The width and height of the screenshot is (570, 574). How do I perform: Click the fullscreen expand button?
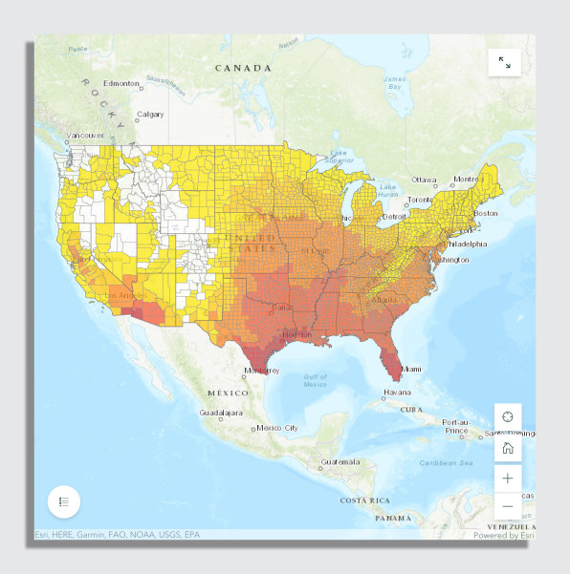[x=504, y=63]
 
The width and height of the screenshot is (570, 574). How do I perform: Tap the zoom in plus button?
[x=508, y=478]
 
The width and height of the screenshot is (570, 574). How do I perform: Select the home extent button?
[x=508, y=447]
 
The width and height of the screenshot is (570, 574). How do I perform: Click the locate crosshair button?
[x=508, y=416]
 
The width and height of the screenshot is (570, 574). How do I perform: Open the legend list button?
[x=64, y=500]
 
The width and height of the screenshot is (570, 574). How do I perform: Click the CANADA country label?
[x=243, y=69]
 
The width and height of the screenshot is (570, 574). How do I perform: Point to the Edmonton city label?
[x=121, y=84]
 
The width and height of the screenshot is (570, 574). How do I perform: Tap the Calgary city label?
[x=150, y=115]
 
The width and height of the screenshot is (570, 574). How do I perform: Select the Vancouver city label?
[x=85, y=136]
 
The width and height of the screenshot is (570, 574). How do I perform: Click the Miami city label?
[x=410, y=369]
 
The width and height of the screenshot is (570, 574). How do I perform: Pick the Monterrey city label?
[x=261, y=371]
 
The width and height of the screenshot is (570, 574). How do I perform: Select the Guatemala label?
[x=341, y=462]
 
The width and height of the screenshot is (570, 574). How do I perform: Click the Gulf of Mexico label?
[x=316, y=382]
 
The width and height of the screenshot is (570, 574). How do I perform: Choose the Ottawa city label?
[x=424, y=180]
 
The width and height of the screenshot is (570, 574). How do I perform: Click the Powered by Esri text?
[x=504, y=536]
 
